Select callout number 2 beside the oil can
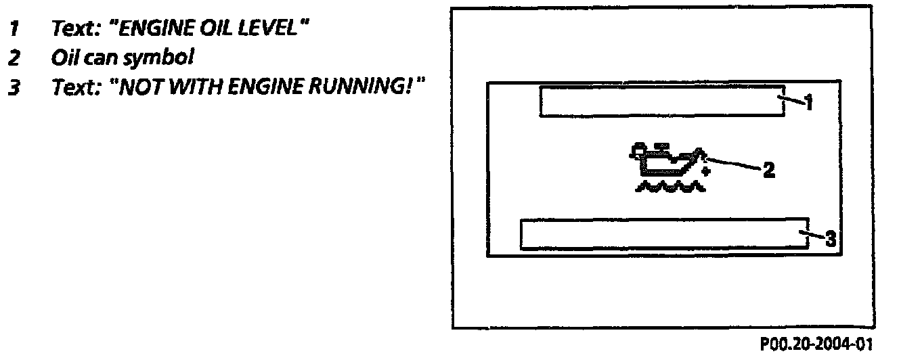point(768,170)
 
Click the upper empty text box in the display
point(661,102)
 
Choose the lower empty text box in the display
point(663,233)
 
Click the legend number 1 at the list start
point(13,31)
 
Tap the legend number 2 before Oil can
point(13,59)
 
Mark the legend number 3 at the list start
point(13,87)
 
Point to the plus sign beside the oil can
point(706,172)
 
